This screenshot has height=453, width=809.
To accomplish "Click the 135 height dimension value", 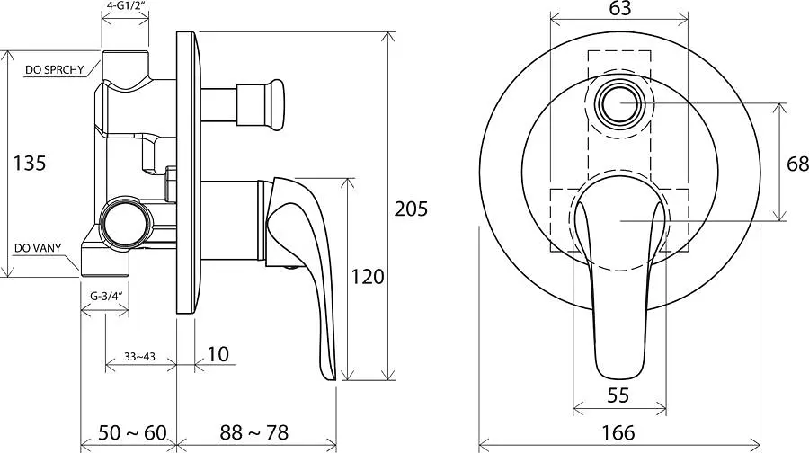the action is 30,163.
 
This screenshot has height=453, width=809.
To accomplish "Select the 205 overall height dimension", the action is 411,209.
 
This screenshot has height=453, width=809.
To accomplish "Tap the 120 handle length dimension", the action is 368,277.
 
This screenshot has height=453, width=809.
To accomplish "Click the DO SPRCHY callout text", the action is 54,70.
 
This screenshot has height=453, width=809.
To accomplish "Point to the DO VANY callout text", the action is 38,248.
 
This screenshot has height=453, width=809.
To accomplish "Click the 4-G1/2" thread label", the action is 125,6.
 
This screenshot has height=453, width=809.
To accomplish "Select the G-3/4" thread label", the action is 105,296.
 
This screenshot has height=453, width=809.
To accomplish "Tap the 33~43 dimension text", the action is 139,357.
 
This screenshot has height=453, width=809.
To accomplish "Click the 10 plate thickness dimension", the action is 218,354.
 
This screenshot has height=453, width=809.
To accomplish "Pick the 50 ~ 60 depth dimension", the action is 132,432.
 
